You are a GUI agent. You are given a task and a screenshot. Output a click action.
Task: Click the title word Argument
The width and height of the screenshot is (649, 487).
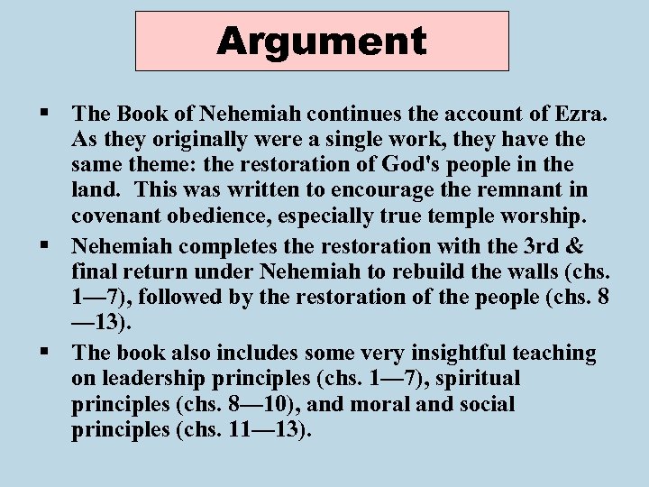coord(322,41)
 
